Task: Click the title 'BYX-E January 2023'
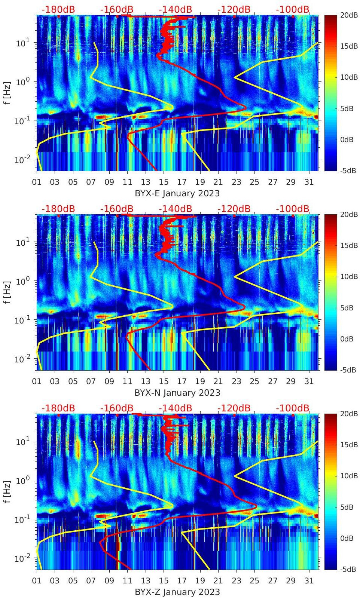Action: point(177,193)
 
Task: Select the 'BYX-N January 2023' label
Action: point(177,393)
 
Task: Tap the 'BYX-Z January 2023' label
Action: point(177,592)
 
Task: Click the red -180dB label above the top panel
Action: point(58,9)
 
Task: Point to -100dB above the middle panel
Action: point(293,209)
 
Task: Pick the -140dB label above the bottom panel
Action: point(175,408)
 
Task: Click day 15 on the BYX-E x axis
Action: point(164,182)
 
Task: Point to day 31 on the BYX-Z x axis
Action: point(309,581)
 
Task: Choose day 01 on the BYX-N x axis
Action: point(37,381)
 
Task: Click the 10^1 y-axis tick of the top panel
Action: point(22,43)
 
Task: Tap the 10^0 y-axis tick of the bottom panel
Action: point(22,480)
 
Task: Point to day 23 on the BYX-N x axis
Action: point(236,381)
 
